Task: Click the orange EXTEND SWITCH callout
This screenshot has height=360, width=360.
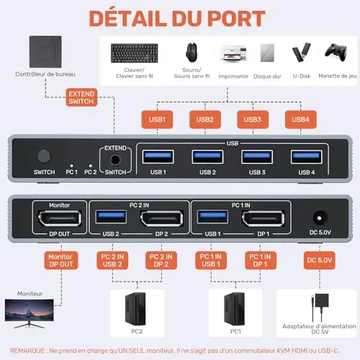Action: (81, 97)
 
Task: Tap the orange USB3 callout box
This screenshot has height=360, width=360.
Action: (253, 120)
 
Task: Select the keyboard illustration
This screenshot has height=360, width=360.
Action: (135, 53)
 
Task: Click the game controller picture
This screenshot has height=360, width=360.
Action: (336, 52)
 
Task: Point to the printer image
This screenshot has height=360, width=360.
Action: (233, 53)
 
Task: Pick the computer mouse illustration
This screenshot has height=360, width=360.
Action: (192, 53)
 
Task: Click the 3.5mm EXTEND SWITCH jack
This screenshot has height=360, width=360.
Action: (115, 160)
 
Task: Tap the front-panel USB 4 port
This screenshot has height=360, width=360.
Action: (307, 157)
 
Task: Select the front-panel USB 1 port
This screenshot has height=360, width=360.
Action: (158, 157)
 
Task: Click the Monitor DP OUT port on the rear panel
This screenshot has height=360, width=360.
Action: (60, 218)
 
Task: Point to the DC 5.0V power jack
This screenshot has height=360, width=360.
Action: (319, 218)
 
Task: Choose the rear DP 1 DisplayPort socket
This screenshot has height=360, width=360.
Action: (264, 218)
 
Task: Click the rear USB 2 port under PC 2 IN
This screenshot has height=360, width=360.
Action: (111, 217)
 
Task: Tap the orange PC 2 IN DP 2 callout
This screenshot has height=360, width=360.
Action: (161, 261)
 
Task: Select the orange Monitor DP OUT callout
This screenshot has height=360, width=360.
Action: (61, 261)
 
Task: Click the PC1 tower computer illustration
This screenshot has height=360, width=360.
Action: (235, 309)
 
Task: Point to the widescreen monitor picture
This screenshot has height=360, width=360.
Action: (30, 313)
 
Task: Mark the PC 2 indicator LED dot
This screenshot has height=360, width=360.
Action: (91, 166)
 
